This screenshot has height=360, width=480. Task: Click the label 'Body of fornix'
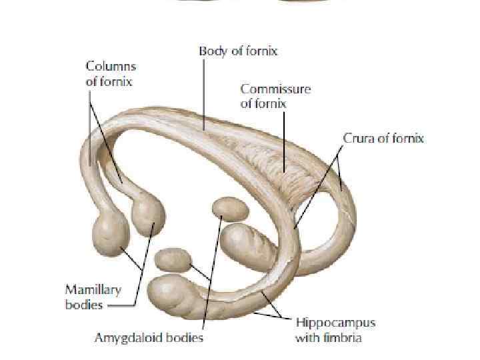tap(238, 51)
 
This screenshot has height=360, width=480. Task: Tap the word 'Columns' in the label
tap(111, 67)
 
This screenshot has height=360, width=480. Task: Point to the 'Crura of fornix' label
tap(383, 139)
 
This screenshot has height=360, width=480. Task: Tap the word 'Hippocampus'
tap(335, 323)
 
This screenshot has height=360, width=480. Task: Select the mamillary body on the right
tap(148, 213)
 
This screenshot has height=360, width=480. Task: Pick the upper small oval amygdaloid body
tap(230, 209)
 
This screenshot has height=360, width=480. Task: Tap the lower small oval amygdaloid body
tap(173, 259)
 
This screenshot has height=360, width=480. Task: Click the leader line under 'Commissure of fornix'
tap(285, 140)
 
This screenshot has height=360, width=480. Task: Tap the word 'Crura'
tap(357, 139)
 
